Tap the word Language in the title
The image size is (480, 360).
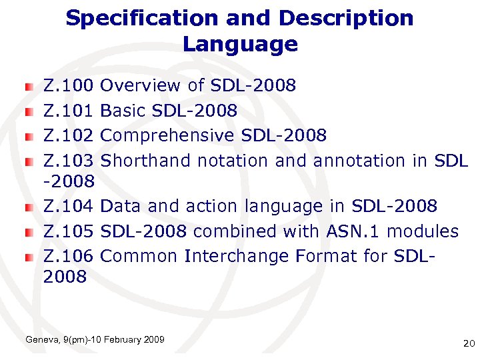(240, 45)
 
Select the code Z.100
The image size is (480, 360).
(69, 85)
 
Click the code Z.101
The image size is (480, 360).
(69, 111)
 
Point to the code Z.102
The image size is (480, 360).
(69, 136)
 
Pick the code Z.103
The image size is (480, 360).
(69, 161)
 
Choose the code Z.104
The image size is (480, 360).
(69, 207)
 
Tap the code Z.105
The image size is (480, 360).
(69, 231)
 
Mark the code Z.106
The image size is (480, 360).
(69, 256)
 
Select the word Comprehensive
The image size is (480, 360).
(167, 136)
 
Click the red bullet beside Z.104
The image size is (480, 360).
(28, 208)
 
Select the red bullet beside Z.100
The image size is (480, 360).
(28, 87)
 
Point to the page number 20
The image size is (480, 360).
(467, 343)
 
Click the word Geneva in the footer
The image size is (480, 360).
(40, 340)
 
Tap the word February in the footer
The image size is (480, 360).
(118, 340)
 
